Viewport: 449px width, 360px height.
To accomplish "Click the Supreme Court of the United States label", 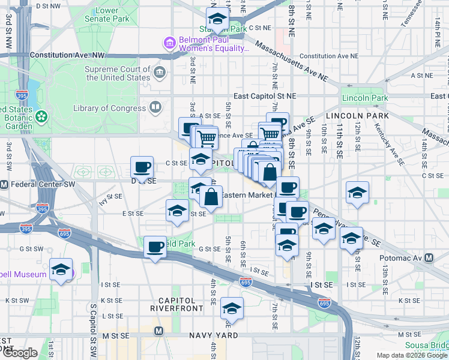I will pyautogui.click(x=118, y=73).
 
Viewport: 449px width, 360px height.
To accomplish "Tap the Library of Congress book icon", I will pyautogui.click(x=155, y=107).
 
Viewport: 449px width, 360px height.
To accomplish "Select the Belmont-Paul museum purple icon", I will pyautogui.click(x=169, y=43).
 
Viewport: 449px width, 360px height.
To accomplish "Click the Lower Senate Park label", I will pyautogui.click(x=107, y=14).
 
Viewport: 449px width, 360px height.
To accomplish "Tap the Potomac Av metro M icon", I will pyautogui.click(x=429, y=258).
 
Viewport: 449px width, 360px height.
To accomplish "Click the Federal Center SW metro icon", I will pyautogui.click(x=4, y=184).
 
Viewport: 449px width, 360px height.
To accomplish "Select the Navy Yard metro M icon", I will pyautogui.click(x=159, y=331).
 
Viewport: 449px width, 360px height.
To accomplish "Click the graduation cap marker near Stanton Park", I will pyautogui.click(x=217, y=18).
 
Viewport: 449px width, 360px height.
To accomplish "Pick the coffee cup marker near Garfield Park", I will pyautogui.click(x=155, y=247).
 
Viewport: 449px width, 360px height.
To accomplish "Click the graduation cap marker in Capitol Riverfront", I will pyautogui.click(x=232, y=308).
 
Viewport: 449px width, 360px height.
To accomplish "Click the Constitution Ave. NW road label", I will pyautogui.click(x=67, y=55).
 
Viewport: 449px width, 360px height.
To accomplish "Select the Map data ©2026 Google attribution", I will pyautogui.click(x=412, y=355).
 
